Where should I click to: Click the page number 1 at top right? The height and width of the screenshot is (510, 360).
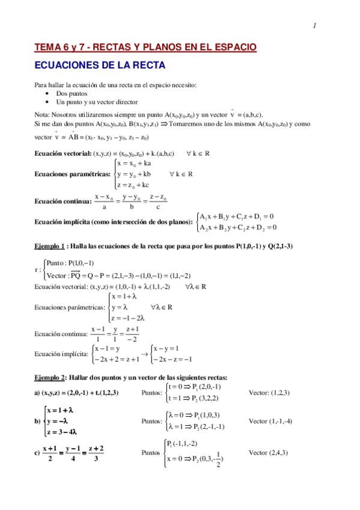click(x=314, y=25)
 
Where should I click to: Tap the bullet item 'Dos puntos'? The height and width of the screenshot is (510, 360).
click(x=72, y=94)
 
